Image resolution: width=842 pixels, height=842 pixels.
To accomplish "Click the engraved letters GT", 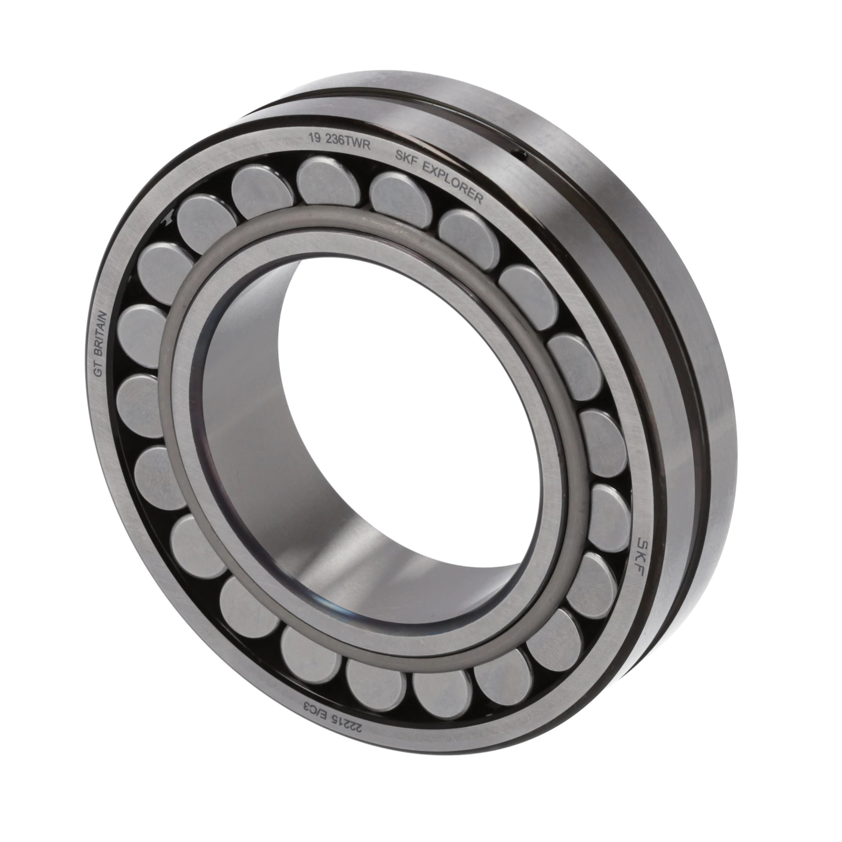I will pyautogui.click(x=99, y=370).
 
